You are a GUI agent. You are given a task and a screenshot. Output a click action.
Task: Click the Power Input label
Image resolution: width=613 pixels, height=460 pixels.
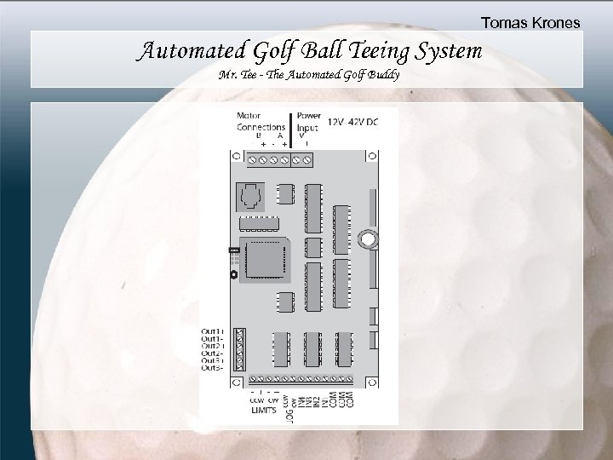[306, 122]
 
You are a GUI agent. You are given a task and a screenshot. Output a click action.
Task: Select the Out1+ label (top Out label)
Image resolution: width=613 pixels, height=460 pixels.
[212, 330]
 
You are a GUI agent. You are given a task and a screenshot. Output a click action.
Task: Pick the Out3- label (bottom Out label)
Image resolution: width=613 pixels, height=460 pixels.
[212, 368]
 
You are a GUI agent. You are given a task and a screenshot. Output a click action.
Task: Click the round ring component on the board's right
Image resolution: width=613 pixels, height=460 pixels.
[367, 240]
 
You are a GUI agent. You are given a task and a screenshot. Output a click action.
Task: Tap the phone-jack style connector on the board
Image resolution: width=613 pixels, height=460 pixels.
[250, 198]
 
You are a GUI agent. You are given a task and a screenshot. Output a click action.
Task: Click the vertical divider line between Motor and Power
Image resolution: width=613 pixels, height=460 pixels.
[292, 127]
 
